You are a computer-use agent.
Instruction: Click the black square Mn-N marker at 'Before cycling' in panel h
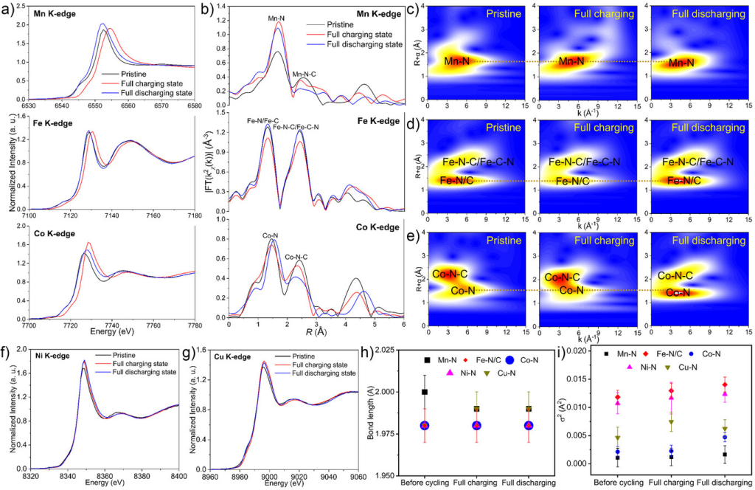[x=424, y=392]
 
